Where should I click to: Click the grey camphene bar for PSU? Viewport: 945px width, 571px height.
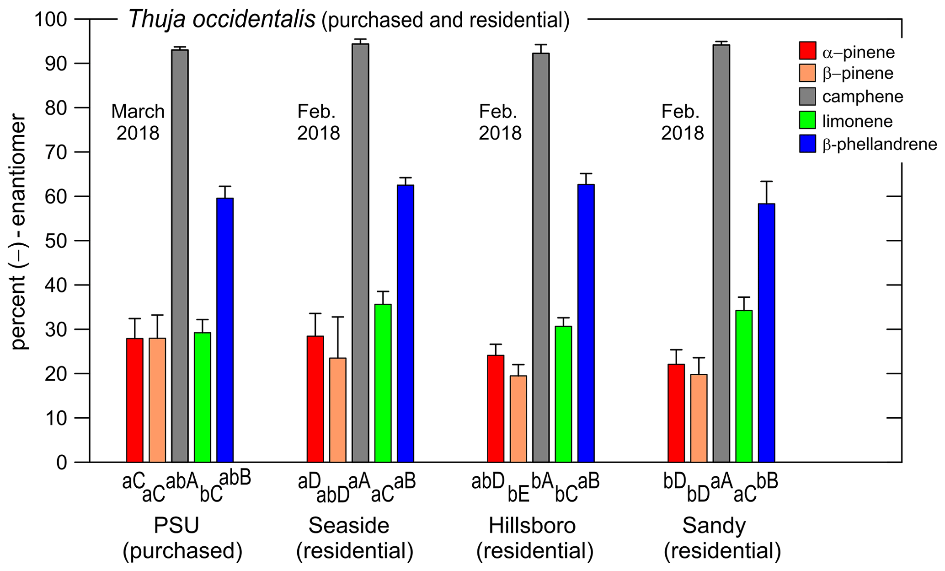180,256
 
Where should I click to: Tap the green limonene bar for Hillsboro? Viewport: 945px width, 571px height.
563,394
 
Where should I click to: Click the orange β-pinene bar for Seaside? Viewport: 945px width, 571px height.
337,410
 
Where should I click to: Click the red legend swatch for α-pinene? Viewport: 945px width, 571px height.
808,51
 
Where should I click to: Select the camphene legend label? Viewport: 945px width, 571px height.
863,97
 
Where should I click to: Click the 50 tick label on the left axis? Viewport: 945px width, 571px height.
55,241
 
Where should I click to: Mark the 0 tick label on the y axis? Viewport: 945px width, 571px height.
61,463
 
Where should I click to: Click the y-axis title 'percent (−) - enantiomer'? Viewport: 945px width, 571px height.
19,233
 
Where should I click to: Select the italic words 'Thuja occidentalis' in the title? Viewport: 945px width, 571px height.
222,20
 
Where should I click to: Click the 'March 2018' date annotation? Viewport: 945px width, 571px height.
138,122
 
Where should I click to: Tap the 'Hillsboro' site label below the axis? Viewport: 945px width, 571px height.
532,526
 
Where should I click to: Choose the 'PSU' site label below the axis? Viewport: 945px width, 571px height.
176,526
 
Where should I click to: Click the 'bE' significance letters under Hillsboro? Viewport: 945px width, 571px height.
518,496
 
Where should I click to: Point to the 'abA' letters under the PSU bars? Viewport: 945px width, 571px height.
182,482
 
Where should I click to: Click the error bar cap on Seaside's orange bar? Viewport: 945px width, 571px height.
337,317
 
